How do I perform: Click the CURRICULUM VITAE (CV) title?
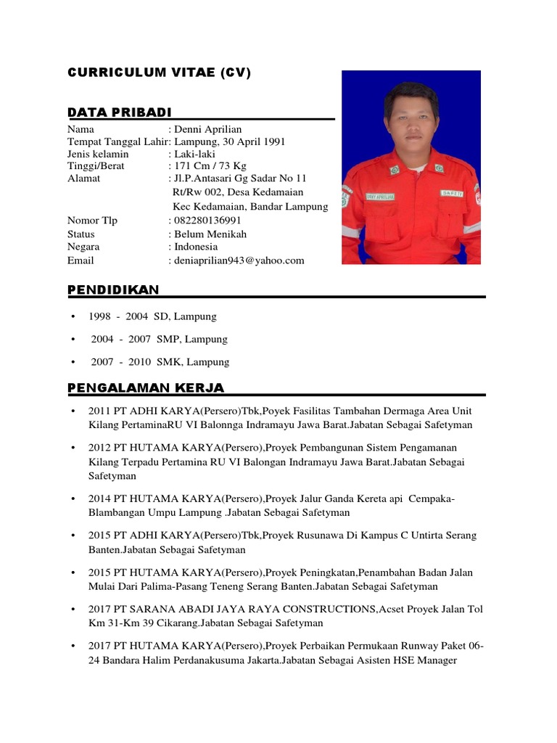click(159, 73)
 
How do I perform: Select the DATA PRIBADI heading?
click(120, 112)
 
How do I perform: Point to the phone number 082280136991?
click(208, 221)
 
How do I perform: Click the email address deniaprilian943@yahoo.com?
click(239, 260)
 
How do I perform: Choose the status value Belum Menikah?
click(210, 234)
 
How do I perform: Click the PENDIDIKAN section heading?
click(113, 290)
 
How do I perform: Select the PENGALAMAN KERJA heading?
click(146, 387)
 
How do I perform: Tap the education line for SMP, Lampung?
click(159, 339)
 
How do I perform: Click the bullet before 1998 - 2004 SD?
click(74, 317)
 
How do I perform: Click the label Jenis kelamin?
click(98, 154)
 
